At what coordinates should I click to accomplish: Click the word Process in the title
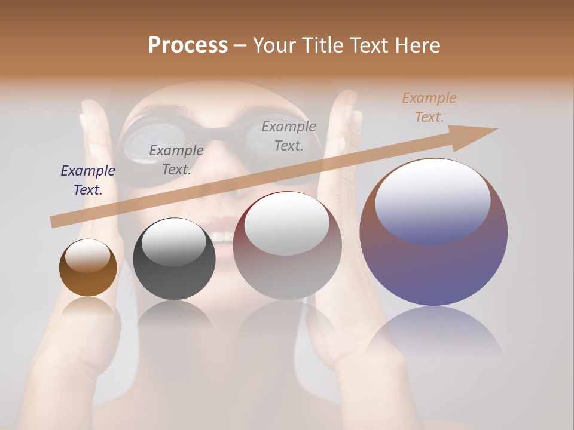pyautogui.click(x=188, y=45)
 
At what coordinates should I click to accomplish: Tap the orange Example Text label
pyautogui.click(x=429, y=107)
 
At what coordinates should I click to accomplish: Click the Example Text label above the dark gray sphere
pyautogui.click(x=176, y=160)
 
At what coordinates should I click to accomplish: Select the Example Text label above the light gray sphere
pyautogui.click(x=289, y=136)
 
